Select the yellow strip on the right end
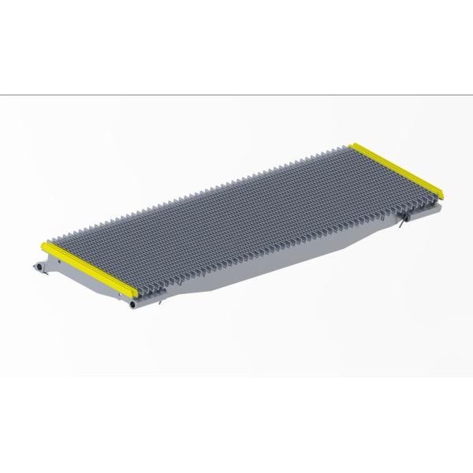tap(399, 169)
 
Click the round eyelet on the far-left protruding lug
tap(35, 267)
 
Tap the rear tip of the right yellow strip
tap(356, 146)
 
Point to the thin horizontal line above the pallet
tap(236, 95)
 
